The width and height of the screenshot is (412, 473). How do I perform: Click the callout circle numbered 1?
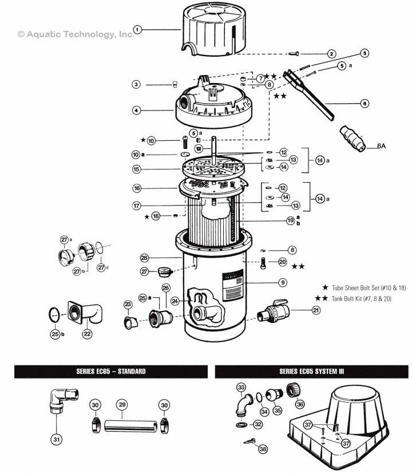(137, 29)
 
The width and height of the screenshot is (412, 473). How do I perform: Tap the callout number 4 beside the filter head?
(136, 110)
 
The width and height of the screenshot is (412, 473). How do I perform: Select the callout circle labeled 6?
(365, 104)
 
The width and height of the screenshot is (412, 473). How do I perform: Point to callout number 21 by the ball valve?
(316, 310)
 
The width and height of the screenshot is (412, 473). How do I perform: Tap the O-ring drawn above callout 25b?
(53, 313)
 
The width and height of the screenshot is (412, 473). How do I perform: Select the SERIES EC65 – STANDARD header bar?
(111, 372)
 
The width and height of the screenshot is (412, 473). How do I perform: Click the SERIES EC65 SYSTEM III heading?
(312, 372)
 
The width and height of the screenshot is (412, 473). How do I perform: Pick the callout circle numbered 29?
(121, 404)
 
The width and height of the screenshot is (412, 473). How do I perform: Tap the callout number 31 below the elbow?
(55, 440)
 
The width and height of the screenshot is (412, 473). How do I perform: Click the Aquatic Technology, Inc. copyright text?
(76, 34)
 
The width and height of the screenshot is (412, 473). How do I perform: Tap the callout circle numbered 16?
(136, 188)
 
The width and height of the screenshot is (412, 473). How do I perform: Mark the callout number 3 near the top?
(136, 85)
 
